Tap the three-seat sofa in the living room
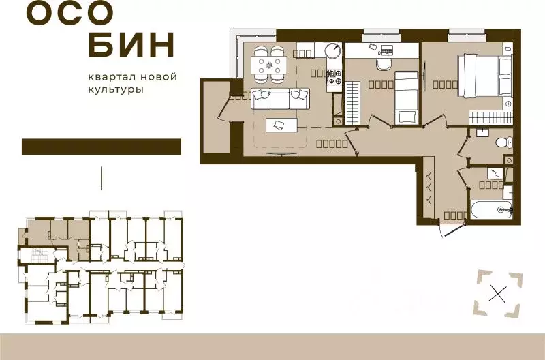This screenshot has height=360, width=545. click(280, 99)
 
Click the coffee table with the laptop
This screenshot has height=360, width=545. click(279, 125)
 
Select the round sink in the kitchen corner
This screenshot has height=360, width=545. click(333, 51)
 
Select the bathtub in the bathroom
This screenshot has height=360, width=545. click(490, 209)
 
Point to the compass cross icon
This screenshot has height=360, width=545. click(499, 295)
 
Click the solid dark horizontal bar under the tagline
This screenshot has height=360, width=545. click(101, 147)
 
